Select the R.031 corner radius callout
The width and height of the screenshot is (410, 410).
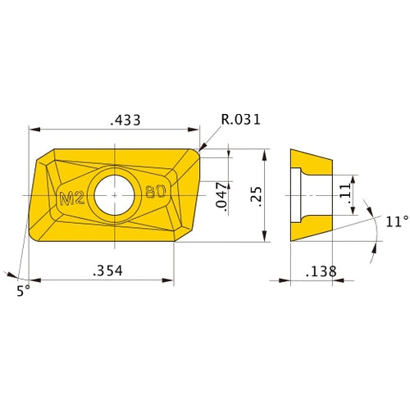click(x=241, y=120)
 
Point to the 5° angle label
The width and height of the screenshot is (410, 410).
click(x=21, y=290)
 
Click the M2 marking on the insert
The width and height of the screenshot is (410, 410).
click(x=73, y=196)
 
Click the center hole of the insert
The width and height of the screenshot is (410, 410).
click(x=114, y=195)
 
